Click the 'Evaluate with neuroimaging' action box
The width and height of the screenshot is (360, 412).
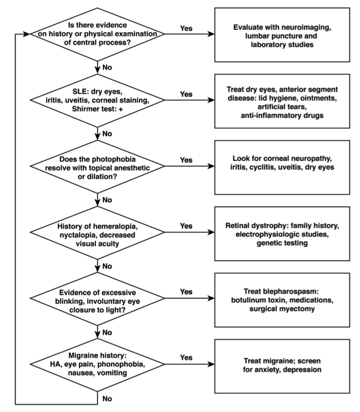(x=282, y=35)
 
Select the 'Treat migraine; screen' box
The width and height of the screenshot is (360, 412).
(x=282, y=366)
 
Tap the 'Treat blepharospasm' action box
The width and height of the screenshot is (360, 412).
(x=282, y=300)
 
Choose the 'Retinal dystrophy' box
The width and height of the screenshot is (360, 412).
(x=282, y=234)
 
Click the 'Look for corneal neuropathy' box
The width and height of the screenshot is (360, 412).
(x=282, y=167)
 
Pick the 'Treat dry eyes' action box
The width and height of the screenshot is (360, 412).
(x=282, y=101)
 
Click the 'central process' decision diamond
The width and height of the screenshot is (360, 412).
(x=97, y=34)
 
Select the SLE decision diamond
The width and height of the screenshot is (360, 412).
(x=97, y=100)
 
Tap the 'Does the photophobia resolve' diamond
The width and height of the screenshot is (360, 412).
(x=97, y=166)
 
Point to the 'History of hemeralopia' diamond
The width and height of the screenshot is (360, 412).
(x=97, y=232)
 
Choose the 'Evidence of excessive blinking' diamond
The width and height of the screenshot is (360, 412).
(x=97, y=298)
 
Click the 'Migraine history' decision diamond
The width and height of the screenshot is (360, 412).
(x=97, y=365)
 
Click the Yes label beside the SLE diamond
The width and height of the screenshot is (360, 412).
(x=186, y=94)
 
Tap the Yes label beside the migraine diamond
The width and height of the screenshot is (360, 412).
(x=186, y=358)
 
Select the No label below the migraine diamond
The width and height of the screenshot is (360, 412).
(x=107, y=399)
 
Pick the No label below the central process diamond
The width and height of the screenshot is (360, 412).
(x=107, y=68)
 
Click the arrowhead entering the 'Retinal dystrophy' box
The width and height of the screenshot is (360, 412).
(x=211, y=232)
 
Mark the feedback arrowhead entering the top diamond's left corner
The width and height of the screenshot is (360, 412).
(x=27, y=34)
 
